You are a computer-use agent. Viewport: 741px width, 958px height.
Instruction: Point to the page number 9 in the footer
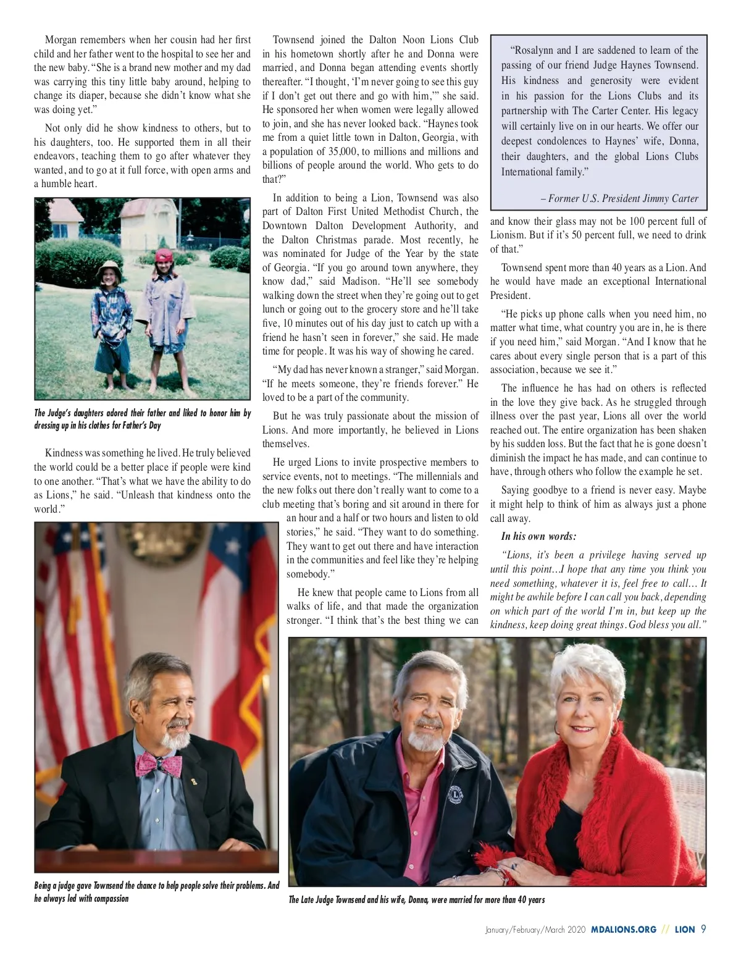703,929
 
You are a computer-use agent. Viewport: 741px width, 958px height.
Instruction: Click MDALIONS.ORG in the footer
623,929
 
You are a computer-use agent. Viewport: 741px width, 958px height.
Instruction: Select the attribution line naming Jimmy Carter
619,198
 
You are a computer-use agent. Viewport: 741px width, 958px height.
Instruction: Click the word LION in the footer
684,929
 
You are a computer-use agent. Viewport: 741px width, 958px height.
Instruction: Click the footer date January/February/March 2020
535,929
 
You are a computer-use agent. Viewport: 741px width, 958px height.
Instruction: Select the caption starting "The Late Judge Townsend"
417,899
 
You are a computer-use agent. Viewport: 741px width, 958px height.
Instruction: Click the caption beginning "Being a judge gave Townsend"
156,891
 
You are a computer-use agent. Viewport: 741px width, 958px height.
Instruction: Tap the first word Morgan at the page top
60,40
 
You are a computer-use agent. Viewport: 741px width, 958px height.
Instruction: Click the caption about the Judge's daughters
142,419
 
